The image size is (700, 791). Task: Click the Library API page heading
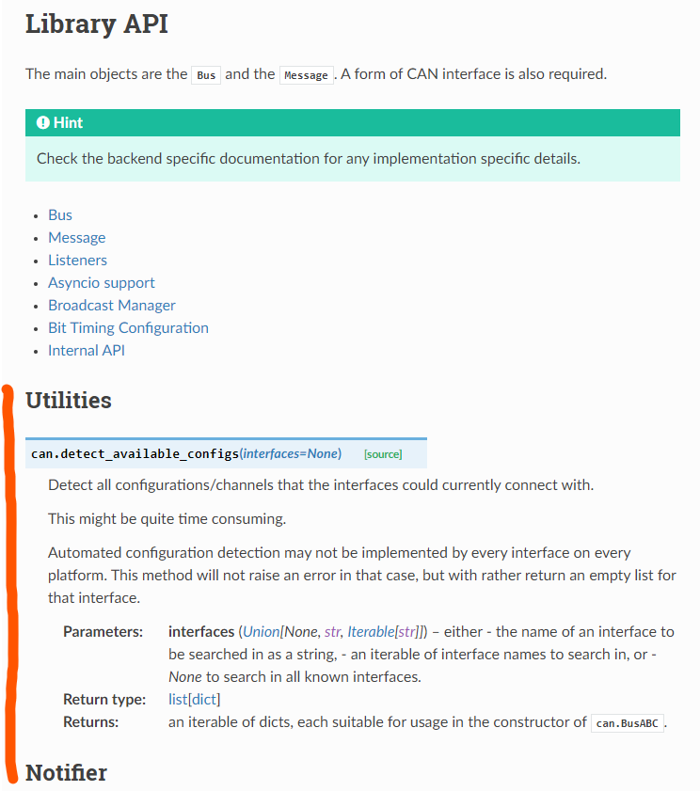coord(97,24)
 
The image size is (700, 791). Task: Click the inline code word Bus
coord(206,75)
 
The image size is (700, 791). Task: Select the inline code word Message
coord(306,75)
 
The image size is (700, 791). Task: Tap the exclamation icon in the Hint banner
coord(42,123)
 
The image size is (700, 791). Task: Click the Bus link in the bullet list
coord(60,215)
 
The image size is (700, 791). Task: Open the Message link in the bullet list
coord(76,238)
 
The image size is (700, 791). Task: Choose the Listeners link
coord(77,261)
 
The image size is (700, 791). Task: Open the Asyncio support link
coord(102,283)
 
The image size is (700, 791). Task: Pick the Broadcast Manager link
coord(112,306)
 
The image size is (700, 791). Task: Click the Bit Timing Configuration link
coord(128,328)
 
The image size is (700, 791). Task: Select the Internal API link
coord(87,351)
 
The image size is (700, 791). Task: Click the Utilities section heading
coord(69,401)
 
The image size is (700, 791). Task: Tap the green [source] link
coord(383,454)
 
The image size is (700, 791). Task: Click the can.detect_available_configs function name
coord(135,453)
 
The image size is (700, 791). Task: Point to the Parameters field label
coord(103,632)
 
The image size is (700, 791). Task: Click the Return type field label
coord(104,700)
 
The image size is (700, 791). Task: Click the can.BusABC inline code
coord(628,723)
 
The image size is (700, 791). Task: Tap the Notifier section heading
coord(66,773)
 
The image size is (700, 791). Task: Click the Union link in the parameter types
coord(261,632)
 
